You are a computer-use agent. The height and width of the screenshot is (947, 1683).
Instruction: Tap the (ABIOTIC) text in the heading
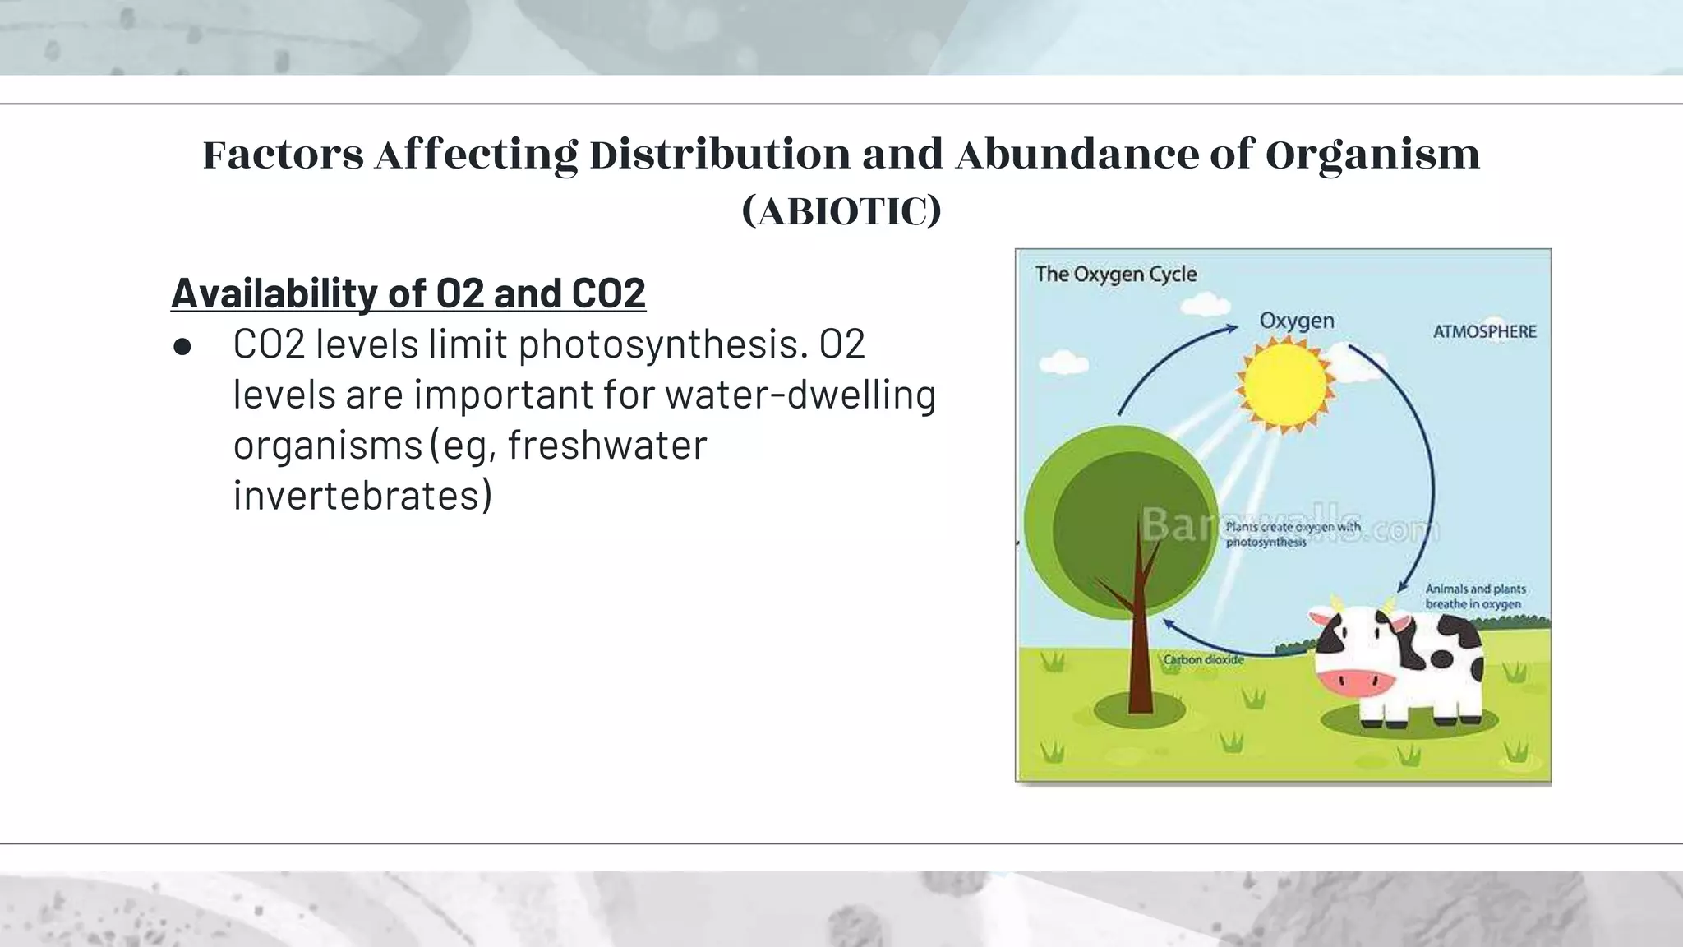841,211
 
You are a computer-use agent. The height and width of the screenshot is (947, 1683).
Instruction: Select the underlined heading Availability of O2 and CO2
408,293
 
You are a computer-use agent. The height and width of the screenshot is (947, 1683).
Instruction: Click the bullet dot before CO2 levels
182,347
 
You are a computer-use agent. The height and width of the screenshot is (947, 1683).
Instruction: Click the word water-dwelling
800,395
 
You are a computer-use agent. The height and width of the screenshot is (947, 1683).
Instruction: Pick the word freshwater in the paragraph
607,446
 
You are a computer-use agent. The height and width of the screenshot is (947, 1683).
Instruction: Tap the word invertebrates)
362,496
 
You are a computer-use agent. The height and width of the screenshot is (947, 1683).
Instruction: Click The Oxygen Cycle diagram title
1115,274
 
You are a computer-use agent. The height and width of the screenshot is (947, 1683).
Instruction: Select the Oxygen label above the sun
1297,321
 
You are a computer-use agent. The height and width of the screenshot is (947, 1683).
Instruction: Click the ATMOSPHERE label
1484,331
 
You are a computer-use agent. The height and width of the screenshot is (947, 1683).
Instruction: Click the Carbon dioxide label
1203,659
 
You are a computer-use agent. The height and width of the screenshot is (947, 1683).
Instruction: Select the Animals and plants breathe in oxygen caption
1474,597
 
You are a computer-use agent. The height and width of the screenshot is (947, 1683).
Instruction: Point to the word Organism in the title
1372,155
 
